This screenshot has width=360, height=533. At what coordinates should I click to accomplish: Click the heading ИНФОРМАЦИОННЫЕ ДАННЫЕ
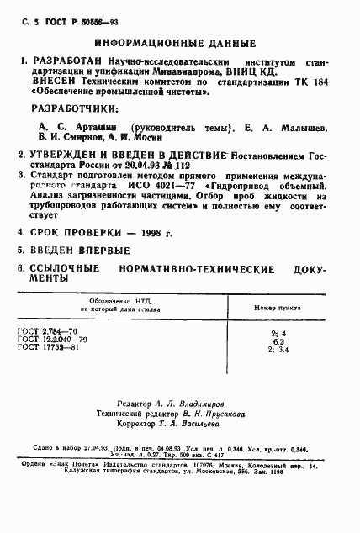(x=179, y=40)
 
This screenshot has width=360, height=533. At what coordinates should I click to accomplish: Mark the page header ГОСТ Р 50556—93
(x=65, y=17)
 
